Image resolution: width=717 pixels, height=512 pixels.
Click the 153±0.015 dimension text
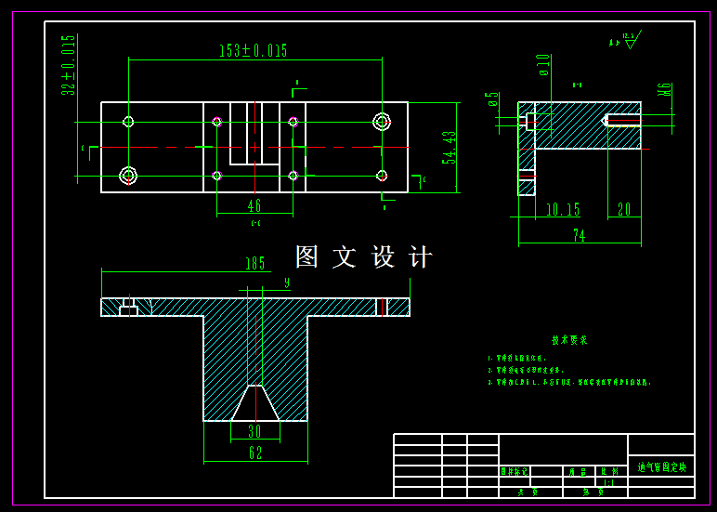[x=253, y=51]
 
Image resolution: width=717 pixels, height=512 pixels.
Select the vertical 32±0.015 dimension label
[x=68, y=65]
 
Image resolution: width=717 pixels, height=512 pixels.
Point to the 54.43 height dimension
[x=450, y=148]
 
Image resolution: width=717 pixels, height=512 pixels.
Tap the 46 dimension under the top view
[x=254, y=205]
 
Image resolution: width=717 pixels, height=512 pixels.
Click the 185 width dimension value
[x=254, y=264]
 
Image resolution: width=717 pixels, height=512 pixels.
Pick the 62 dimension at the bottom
[x=255, y=453]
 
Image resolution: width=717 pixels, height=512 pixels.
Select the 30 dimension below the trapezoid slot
[x=254, y=431]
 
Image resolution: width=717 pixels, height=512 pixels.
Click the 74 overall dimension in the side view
[x=579, y=236]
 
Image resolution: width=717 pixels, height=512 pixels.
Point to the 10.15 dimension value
[x=563, y=210]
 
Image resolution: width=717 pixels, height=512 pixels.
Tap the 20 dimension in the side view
[x=623, y=210]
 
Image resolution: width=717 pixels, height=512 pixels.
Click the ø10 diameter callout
[x=544, y=64]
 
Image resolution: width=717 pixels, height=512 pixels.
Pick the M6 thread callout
[x=663, y=90]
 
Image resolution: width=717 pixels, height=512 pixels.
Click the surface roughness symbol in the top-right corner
[x=632, y=39]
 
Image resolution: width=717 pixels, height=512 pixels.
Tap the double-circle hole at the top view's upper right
[x=381, y=122]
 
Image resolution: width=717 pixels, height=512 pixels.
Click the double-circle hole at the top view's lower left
[x=128, y=175]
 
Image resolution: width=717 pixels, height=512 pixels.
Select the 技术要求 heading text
[x=569, y=340]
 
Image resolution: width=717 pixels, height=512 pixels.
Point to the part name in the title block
[x=661, y=466]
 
